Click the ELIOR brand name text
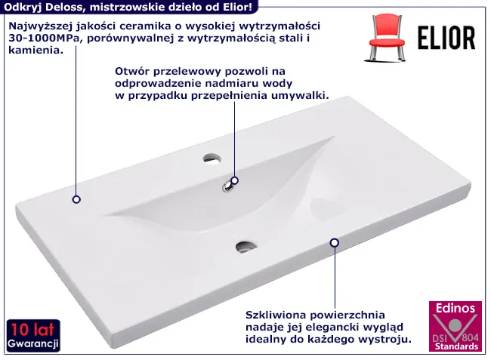[x=446, y=38]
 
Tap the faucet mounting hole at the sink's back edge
[x=212, y=158]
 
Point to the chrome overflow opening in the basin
[x=227, y=186]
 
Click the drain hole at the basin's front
[x=246, y=247]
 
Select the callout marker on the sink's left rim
[x=76, y=199]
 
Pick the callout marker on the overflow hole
[x=234, y=180]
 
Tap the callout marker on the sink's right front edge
[x=335, y=242]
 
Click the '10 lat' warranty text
[x=32, y=329]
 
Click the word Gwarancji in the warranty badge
[x=33, y=343]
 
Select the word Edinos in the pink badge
[x=455, y=308]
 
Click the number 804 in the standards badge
[x=471, y=337]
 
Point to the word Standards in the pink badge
[x=456, y=346]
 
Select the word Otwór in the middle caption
[x=130, y=71]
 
